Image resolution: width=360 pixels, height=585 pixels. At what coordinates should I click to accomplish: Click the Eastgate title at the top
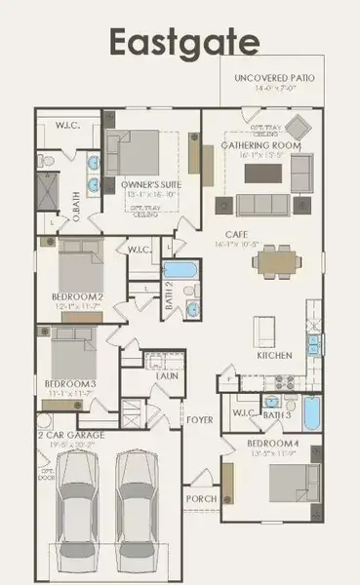183,43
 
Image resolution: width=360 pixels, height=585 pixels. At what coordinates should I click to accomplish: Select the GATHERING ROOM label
260,146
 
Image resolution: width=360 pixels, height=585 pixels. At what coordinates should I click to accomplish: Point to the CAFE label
262,234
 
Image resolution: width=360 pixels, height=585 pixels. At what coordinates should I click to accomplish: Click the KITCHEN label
274,356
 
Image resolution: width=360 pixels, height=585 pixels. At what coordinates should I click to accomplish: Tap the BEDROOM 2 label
77,296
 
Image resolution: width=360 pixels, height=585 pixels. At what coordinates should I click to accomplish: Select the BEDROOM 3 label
70,383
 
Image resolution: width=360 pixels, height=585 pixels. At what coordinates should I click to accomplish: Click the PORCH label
201,498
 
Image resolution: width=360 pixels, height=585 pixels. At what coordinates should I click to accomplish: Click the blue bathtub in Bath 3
310,412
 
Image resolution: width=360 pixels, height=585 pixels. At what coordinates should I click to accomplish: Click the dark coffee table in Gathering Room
263,173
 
